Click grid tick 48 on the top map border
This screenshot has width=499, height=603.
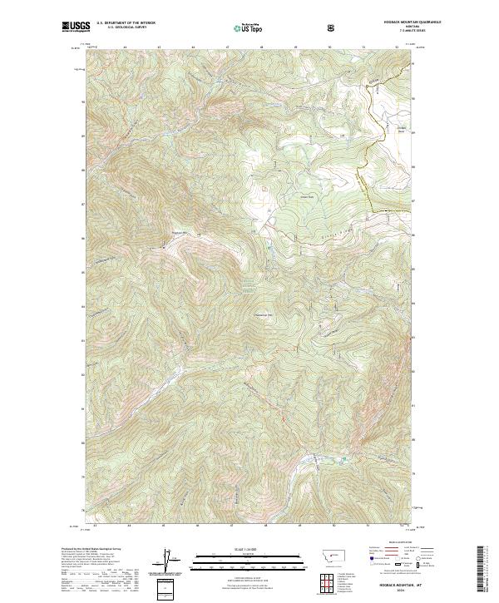click(x=262, y=47)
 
